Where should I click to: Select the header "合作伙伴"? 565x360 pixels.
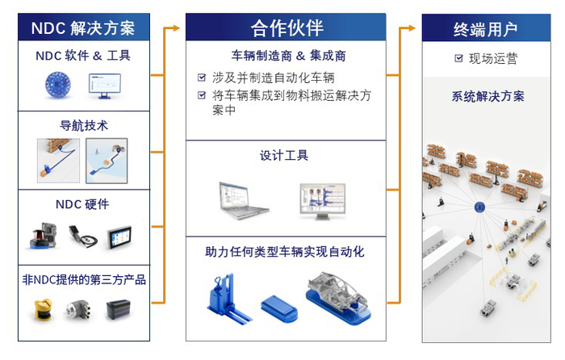287,28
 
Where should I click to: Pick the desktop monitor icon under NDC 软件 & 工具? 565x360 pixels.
104,84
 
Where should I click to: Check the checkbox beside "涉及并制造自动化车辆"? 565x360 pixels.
202,78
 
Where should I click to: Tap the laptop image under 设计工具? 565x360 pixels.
243,200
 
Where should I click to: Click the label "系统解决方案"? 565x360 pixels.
488,96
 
